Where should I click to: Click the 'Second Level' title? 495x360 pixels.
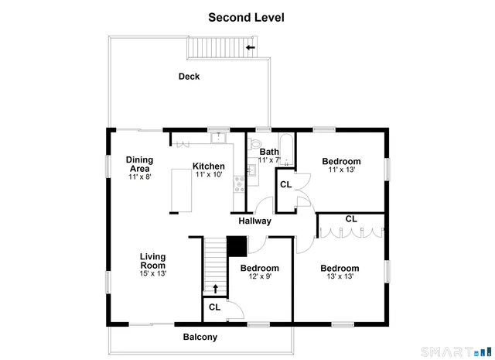coord(246,16)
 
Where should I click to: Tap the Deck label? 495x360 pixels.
coord(189,76)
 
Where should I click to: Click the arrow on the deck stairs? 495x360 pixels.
coord(250,48)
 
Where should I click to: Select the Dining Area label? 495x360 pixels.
coord(139,164)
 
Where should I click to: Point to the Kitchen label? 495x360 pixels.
coord(209,166)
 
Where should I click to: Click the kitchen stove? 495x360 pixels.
coord(240,183)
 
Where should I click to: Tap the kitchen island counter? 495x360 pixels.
coord(182,190)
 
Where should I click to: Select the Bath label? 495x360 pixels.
coord(269,152)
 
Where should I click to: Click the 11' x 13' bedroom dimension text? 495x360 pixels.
coord(341,170)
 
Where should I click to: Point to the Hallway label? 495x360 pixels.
coord(254,221)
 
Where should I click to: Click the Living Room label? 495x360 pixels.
coord(152,260)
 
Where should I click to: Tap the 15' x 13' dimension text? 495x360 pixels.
coord(152,273)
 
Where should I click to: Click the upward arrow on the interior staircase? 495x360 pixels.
coord(216,289)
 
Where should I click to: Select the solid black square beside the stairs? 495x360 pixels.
coord(237,245)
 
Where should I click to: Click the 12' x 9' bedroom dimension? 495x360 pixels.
coord(259,276)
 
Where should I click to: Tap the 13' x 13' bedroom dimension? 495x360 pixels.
coord(340,276)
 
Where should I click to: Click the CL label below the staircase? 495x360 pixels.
coord(214,307)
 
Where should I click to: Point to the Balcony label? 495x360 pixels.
coord(200,337)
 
